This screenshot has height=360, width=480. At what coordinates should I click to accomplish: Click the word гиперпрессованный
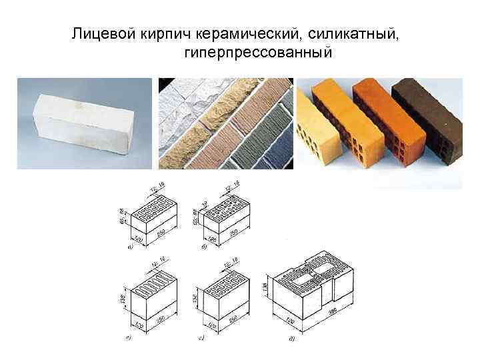click(x=255, y=51)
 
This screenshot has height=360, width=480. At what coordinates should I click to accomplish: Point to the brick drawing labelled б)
click(x=224, y=217)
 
